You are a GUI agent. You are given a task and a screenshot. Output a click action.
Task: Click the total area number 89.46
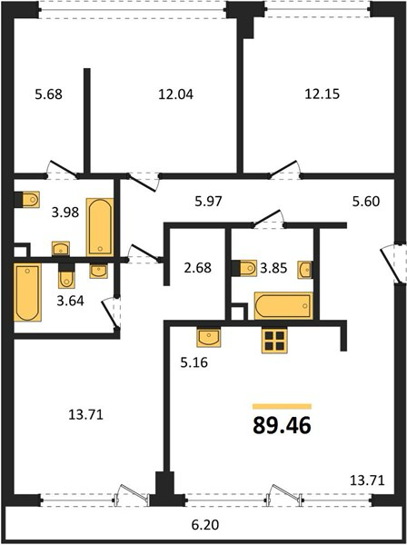[282, 425]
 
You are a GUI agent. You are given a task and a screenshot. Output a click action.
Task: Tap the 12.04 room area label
[175, 94]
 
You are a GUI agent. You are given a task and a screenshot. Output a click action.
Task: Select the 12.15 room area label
[323, 94]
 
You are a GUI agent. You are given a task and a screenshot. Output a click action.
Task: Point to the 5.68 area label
[49, 94]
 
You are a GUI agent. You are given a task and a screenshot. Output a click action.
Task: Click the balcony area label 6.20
[205, 524]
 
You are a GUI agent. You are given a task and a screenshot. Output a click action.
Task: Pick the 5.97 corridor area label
[208, 202]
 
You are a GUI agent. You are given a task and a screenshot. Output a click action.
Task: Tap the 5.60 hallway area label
[366, 202]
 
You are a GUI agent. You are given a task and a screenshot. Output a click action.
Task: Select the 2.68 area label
[197, 268]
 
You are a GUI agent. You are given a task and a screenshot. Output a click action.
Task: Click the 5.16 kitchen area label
[194, 362]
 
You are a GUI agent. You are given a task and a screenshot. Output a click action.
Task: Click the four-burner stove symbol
[274, 341]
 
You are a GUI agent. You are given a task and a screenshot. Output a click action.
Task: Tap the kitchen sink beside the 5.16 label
[209, 338]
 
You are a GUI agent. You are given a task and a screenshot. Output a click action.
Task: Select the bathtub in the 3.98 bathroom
[100, 227]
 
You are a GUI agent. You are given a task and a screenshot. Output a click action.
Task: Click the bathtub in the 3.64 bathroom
[27, 292]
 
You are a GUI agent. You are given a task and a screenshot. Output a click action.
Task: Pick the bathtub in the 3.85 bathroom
[283, 306]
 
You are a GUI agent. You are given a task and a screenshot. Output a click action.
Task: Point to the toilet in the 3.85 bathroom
[244, 268]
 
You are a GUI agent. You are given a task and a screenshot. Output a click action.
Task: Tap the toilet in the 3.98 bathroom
[26, 200]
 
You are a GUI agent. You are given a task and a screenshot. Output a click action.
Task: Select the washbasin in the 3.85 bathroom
[304, 270]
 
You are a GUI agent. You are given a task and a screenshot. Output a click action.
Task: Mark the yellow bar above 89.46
[282, 406]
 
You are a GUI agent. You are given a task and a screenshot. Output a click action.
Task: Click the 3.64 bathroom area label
[71, 301]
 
